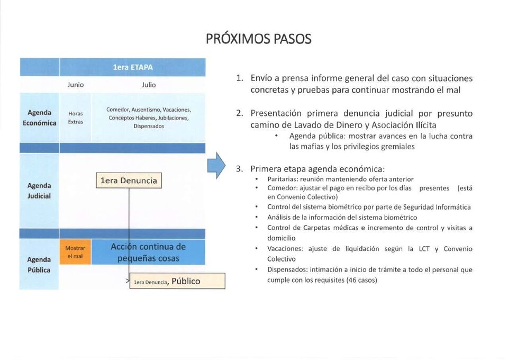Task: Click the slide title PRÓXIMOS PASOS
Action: pos(259,39)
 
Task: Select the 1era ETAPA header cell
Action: pos(132,67)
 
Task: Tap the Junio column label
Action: pos(76,85)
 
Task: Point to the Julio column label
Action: pos(149,85)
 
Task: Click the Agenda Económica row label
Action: pos(39,118)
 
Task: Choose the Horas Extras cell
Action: pos(76,118)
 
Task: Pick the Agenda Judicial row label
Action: pos(39,191)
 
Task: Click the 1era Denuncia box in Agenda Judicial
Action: pos(129,181)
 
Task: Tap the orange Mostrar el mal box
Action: pos(75,252)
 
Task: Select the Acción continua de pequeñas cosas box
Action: pos(148,252)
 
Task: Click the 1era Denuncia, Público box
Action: pos(177,281)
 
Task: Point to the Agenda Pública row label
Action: pos(39,264)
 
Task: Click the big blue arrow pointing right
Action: pos(216,166)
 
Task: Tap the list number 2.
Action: pos(240,113)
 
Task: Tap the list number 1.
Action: pos(240,78)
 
